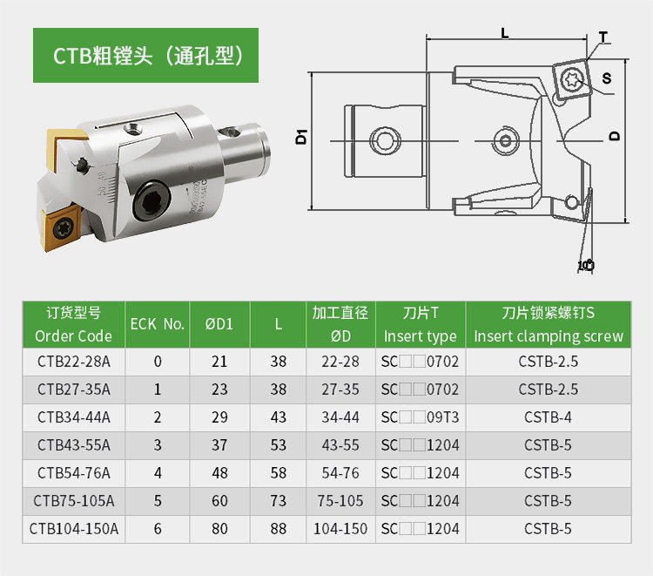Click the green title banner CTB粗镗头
click(145, 55)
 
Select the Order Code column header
click(73, 324)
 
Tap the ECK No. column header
click(158, 324)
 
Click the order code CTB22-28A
click(74, 362)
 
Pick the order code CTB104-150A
click(74, 529)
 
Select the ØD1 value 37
click(219, 445)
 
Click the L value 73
click(279, 501)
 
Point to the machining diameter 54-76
click(340, 473)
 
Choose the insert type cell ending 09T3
click(420, 417)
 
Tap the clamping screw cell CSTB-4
click(548, 417)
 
